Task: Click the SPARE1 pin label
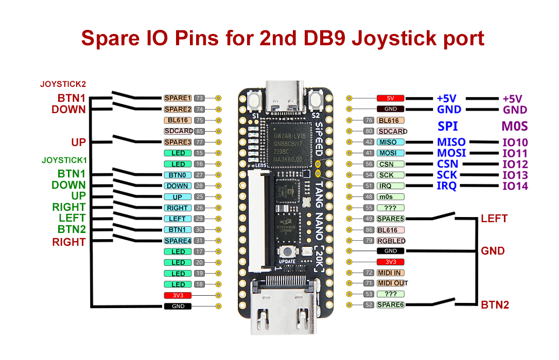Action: click(178, 98)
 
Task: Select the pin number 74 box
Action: click(200, 109)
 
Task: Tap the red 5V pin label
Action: click(390, 98)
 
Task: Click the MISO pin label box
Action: click(390, 142)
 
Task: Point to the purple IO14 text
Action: click(515, 186)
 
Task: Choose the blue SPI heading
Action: click(447, 126)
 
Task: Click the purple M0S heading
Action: click(514, 126)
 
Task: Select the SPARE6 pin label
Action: click(391, 304)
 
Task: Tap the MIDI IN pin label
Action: click(391, 273)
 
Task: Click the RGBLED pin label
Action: click(391, 241)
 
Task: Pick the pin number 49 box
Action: click(369, 219)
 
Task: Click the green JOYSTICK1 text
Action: click(64, 160)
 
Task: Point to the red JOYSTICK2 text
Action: click(63, 84)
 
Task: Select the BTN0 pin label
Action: click(178, 175)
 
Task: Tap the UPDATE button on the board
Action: click(287, 251)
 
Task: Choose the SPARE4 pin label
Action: click(178, 241)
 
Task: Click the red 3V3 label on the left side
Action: click(178, 295)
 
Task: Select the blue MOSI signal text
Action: click(451, 153)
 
